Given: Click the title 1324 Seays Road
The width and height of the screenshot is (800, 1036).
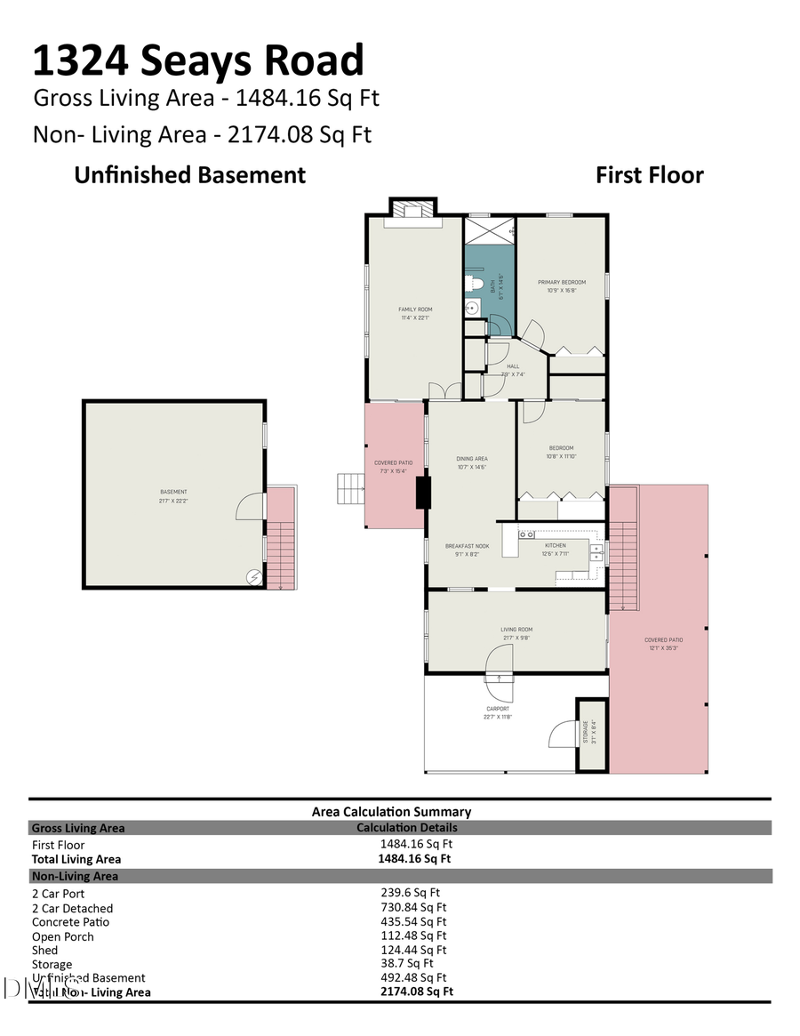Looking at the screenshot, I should (198, 61).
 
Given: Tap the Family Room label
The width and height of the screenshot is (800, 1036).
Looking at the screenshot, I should (414, 312).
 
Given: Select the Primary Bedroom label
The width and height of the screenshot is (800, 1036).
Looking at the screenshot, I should (562, 285).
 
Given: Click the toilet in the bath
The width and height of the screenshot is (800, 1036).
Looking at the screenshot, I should (476, 285).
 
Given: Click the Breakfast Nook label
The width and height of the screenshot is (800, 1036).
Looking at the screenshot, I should (470, 549).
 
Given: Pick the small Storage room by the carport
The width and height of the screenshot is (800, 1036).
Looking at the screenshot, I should (593, 735).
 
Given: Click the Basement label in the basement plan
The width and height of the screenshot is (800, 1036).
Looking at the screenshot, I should (173, 494).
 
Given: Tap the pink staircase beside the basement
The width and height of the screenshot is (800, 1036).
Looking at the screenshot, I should (281, 542).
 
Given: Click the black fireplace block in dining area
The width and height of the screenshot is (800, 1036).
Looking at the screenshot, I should (423, 492).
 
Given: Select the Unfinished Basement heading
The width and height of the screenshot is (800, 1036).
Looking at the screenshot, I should (189, 175).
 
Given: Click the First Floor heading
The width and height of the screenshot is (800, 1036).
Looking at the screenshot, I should (649, 175).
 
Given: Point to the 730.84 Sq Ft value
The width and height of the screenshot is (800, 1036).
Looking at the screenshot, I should (413, 908).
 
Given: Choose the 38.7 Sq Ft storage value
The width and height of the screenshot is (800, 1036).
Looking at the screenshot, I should (406, 963).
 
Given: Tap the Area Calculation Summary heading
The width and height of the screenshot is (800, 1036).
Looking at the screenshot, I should (391, 811).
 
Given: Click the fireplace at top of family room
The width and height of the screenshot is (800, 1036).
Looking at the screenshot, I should (412, 211).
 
